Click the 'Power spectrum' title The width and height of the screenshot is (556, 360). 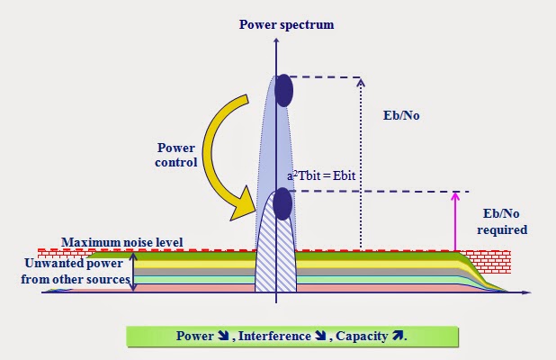tap(286, 24)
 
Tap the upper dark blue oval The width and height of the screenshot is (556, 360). tap(284, 90)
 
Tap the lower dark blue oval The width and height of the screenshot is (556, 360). tap(282, 204)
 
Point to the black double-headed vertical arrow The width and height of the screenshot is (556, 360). tap(134, 271)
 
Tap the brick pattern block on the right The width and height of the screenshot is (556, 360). tap(489, 260)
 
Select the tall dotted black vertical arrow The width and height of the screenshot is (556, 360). tap(361, 162)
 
